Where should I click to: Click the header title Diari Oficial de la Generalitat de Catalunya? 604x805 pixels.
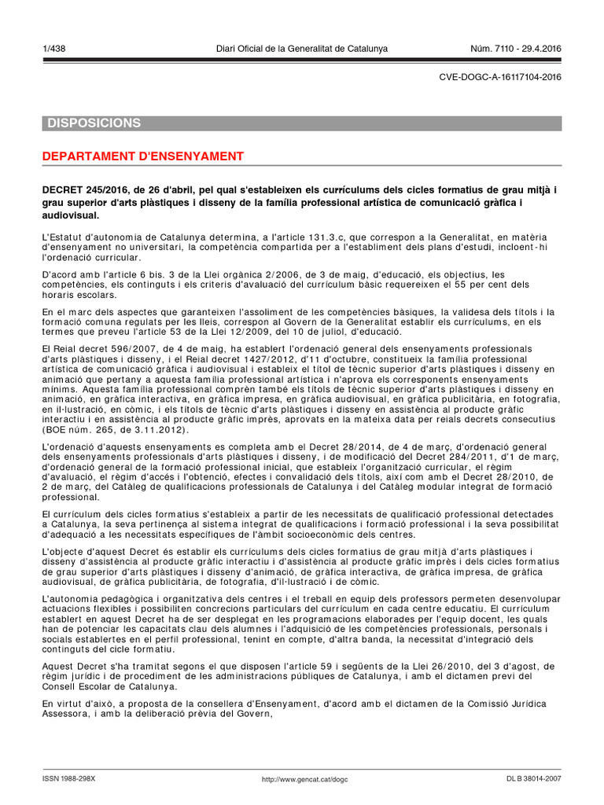302,49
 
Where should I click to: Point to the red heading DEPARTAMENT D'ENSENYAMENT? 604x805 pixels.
142,156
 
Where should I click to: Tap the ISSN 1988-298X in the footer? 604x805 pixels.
68,778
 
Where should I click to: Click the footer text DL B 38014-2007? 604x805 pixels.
534,778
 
